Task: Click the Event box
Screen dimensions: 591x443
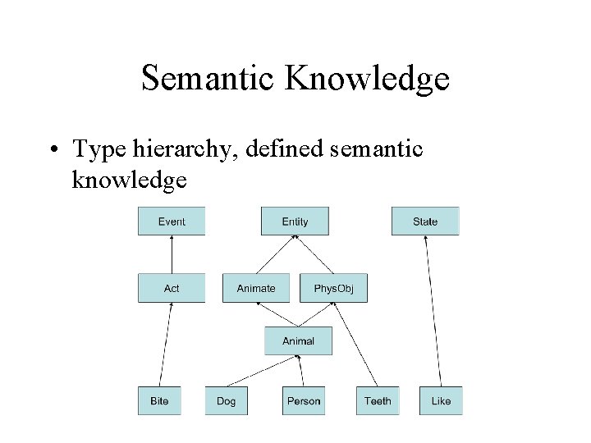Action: pos(172,221)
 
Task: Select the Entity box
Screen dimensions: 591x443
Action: pos(295,221)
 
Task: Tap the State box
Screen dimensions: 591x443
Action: pos(425,221)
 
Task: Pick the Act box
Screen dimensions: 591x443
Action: pos(172,288)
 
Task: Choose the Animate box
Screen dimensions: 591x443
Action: pos(256,288)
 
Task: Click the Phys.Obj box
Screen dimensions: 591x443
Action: pos(333,288)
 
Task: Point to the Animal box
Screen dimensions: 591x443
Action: pos(298,340)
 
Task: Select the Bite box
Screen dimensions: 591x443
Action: pos(159,400)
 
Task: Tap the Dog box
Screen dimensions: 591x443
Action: pos(226,400)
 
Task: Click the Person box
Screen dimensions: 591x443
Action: pos(304,400)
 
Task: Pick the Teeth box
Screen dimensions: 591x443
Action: pos(378,400)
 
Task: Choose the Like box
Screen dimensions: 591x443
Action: pos(441,400)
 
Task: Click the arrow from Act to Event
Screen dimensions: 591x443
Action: pos(172,254)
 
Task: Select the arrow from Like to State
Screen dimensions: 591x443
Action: pos(433,312)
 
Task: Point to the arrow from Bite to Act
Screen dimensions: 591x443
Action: pos(165,345)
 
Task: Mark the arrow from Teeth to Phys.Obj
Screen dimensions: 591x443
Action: pos(355,345)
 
